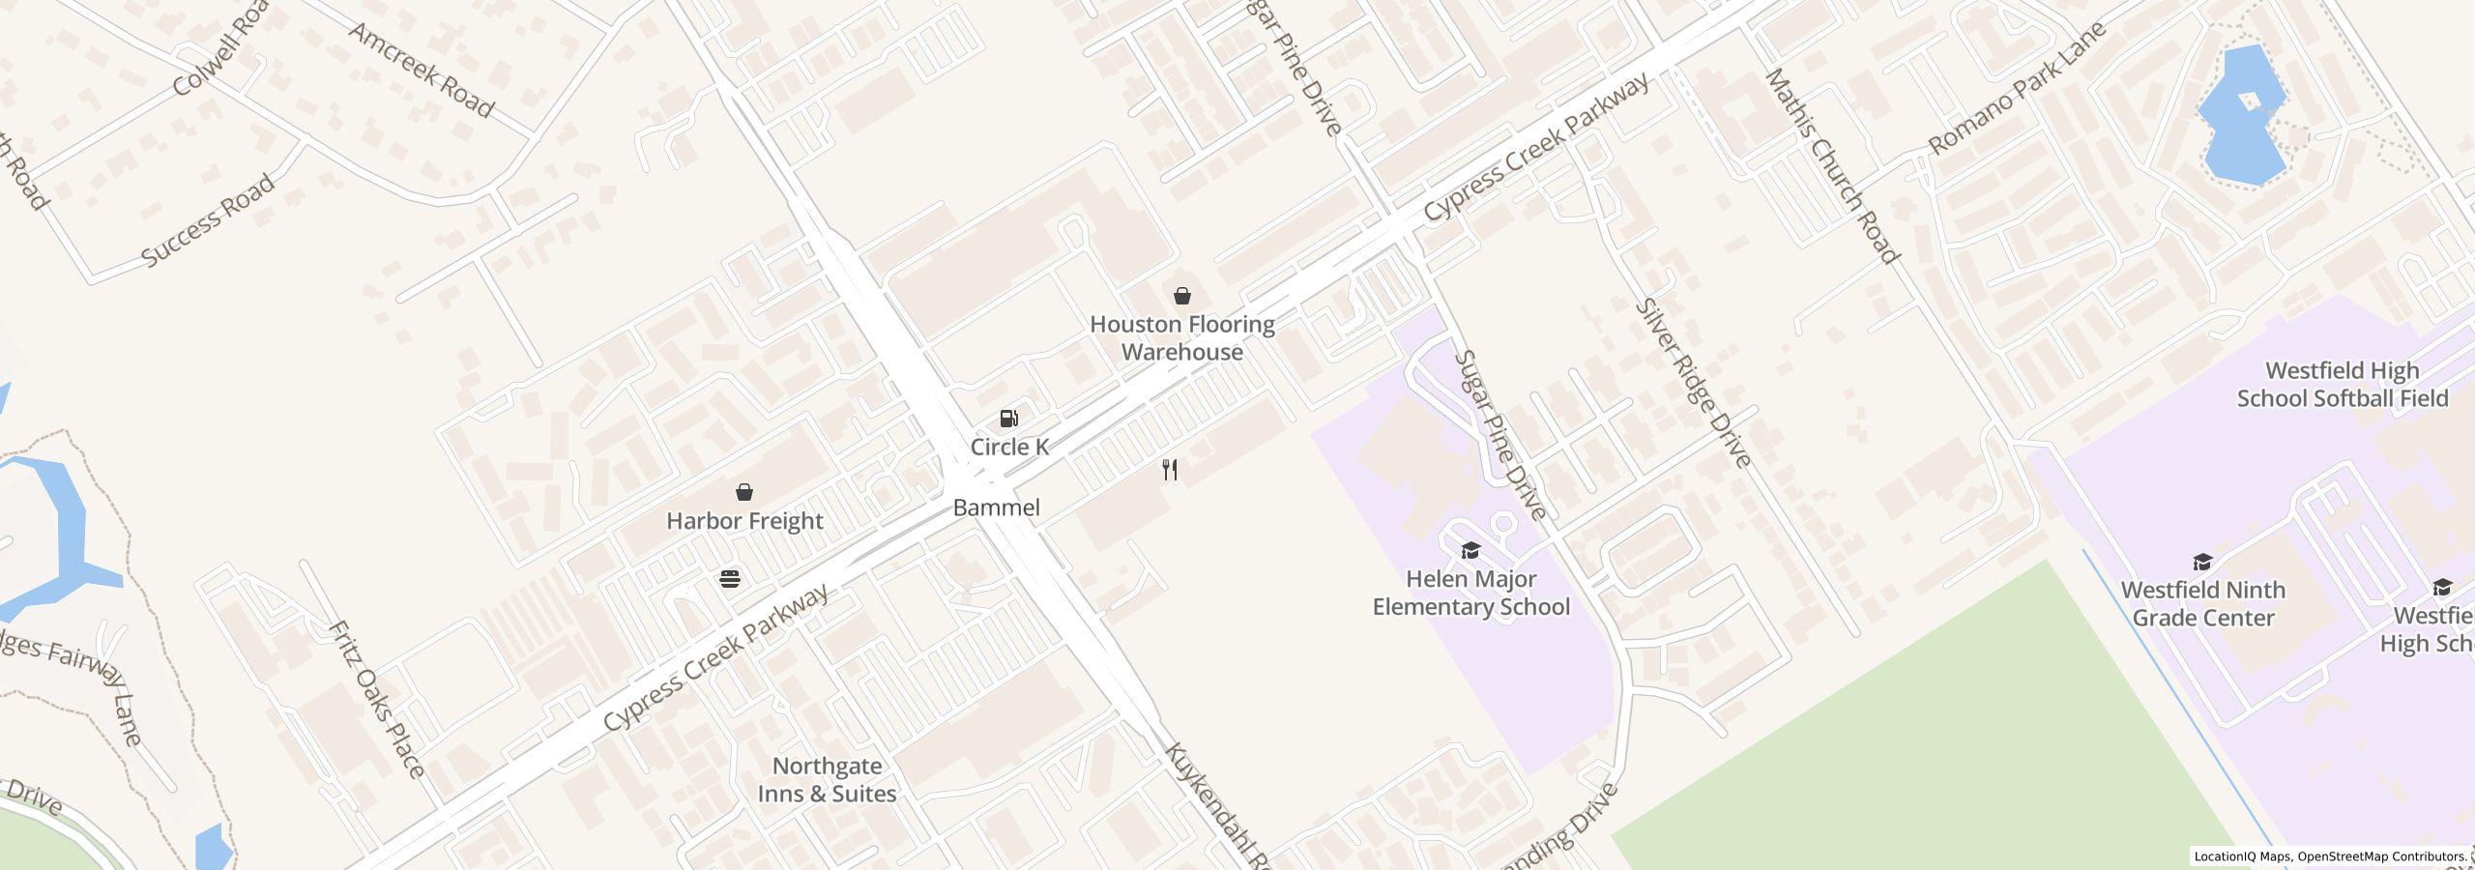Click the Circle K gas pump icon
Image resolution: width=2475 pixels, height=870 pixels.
click(x=1008, y=419)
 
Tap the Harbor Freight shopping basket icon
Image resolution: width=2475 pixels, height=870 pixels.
click(x=744, y=492)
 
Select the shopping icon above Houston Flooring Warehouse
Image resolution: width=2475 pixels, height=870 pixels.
click(x=1181, y=296)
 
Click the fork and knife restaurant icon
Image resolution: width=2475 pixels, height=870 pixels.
click(x=1170, y=470)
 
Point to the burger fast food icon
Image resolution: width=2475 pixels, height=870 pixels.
click(x=730, y=579)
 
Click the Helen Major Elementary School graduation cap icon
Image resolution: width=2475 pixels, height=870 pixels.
click(x=1470, y=551)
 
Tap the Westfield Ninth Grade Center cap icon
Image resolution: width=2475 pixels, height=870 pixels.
click(x=2202, y=562)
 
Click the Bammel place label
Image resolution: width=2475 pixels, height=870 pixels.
click(x=996, y=507)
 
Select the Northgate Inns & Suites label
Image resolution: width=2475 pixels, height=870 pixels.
click(x=827, y=780)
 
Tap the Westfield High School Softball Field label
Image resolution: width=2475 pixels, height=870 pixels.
click(x=2342, y=385)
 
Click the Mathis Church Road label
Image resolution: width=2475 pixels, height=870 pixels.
click(x=1832, y=166)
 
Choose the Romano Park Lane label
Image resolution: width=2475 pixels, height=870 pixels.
click(x=2017, y=89)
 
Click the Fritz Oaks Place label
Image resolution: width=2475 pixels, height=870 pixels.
click(x=376, y=699)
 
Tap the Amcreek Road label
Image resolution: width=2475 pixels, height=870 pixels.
click(x=422, y=71)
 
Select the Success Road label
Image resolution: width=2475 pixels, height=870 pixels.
click(x=208, y=221)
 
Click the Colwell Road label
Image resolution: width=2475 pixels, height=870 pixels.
click(x=221, y=48)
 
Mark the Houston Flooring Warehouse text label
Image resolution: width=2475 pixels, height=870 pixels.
click(x=1181, y=338)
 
